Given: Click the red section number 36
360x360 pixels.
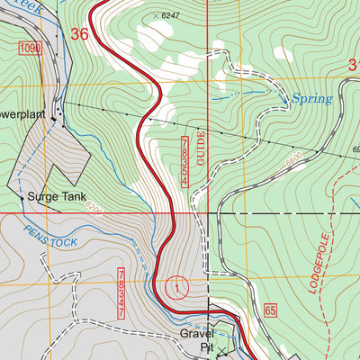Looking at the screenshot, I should [x=79, y=34].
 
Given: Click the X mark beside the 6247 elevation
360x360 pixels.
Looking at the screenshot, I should [x=153, y=15].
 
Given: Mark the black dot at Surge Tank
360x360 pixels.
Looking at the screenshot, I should [x=22, y=195].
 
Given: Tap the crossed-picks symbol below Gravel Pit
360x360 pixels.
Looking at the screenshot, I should [x=222, y=352].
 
